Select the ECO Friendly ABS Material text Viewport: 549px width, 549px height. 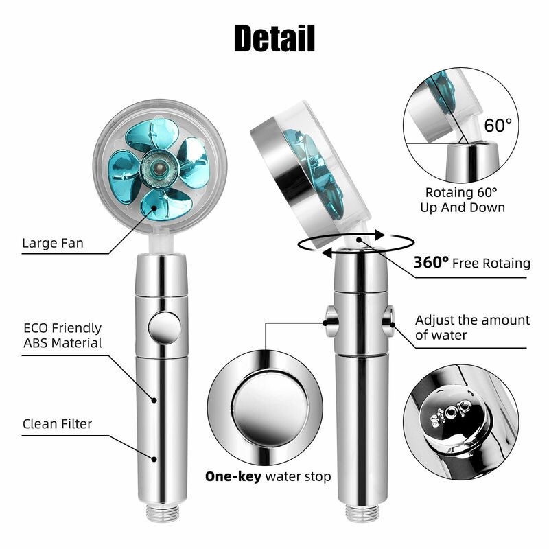tap(62, 336)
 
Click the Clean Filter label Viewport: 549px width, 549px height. tap(57, 424)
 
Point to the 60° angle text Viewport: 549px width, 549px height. tap(498, 126)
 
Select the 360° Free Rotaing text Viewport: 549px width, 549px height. tap(471, 263)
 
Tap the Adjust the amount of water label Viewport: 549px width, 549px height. tap(472, 327)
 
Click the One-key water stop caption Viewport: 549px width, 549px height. tap(268, 476)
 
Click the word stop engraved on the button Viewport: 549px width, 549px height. tap(452, 410)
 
